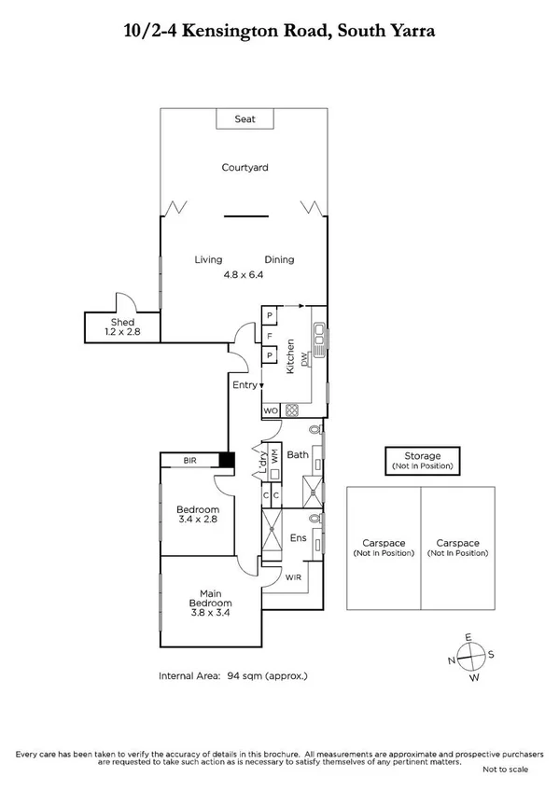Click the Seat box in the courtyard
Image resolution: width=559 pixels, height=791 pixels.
245,119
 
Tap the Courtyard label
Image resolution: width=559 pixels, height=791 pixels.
245,168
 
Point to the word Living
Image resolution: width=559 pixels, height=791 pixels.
208,260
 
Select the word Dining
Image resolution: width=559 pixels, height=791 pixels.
279,260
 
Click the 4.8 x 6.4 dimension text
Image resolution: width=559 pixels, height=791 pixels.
244,275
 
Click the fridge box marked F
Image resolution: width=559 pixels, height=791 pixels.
270,336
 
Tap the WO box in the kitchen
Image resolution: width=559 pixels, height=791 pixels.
270,410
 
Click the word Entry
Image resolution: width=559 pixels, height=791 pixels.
245,384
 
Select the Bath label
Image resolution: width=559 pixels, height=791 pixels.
297,455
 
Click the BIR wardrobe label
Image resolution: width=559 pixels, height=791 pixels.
189,461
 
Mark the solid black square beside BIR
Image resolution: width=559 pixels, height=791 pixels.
226,460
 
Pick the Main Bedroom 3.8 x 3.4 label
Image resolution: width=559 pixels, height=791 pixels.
210,602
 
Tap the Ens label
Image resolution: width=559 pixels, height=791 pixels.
298,538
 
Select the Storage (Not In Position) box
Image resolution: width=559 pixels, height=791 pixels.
425,460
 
